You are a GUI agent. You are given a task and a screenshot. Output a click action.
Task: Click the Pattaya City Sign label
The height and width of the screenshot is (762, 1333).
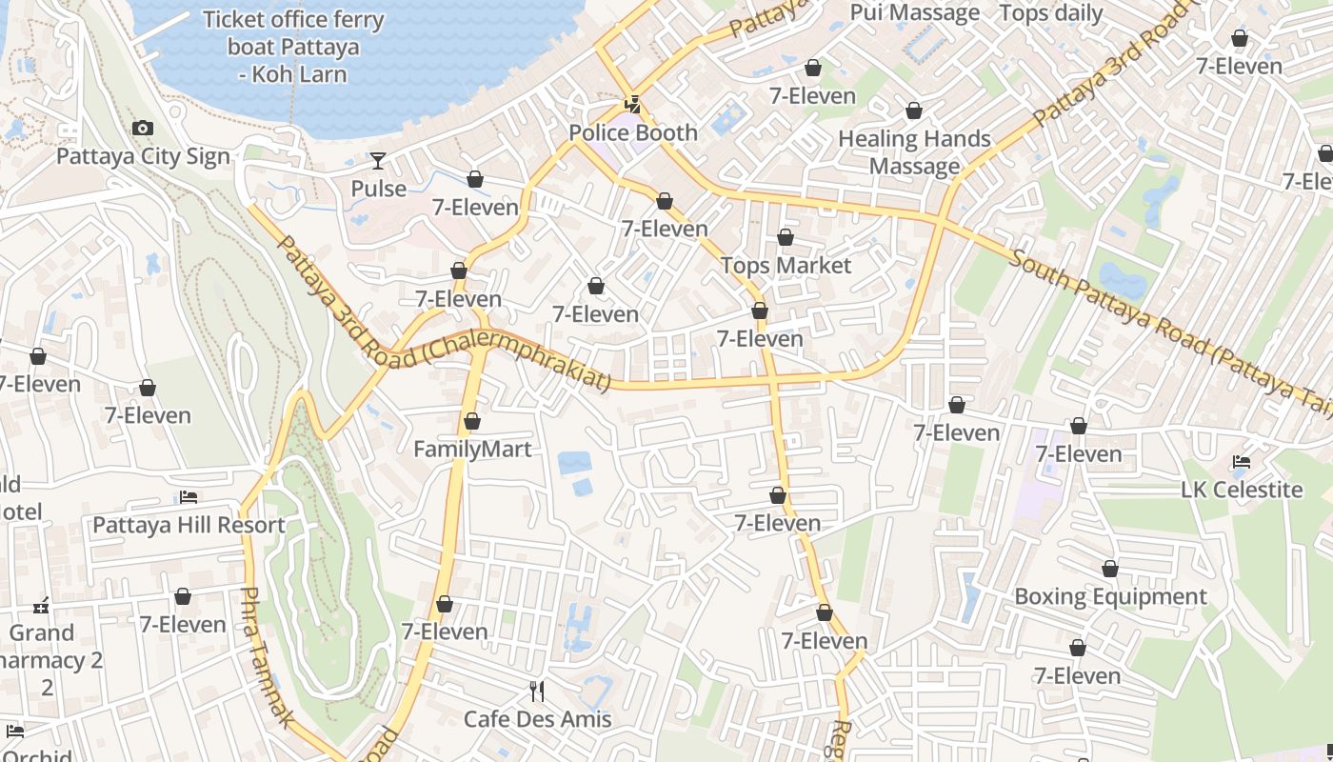(x=143, y=156)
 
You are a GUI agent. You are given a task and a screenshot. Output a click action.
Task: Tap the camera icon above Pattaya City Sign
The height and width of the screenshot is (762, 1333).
(x=143, y=128)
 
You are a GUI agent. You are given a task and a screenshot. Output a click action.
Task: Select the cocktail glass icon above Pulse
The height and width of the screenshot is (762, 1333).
(x=378, y=160)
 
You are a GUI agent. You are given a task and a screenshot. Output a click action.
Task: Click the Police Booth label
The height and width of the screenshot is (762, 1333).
(x=633, y=132)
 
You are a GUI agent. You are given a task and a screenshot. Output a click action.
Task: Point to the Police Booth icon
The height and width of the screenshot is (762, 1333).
(x=632, y=104)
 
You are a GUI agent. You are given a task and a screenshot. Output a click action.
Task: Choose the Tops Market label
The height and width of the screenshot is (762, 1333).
(x=786, y=265)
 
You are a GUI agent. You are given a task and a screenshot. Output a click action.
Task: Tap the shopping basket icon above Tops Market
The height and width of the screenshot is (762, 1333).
(x=786, y=237)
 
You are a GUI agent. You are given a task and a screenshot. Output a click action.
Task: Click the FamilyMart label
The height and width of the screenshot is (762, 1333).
(x=472, y=449)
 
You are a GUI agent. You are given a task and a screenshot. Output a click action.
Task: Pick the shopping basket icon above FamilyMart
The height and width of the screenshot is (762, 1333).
(x=472, y=421)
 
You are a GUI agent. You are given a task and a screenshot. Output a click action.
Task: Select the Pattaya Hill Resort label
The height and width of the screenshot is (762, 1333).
(x=189, y=525)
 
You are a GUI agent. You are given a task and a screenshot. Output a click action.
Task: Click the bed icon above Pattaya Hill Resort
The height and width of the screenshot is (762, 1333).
(x=189, y=497)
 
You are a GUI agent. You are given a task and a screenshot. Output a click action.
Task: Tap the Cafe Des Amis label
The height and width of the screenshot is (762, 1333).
(x=537, y=718)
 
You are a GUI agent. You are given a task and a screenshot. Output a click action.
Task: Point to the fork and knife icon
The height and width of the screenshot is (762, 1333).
(x=537, y=691)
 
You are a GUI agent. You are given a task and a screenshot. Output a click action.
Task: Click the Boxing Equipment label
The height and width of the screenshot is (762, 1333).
(x=1110, y=596)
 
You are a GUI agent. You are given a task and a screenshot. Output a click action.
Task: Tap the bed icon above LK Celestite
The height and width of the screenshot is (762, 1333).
(x=1242, y=462)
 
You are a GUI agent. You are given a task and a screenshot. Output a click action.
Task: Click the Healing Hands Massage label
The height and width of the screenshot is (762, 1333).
(x=915, y=152)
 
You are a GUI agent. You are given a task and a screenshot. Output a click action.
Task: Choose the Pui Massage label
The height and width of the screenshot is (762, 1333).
(x=914, y=12)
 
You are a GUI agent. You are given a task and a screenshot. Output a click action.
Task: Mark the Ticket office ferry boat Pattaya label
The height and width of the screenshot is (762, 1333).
(x=293, y=46)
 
